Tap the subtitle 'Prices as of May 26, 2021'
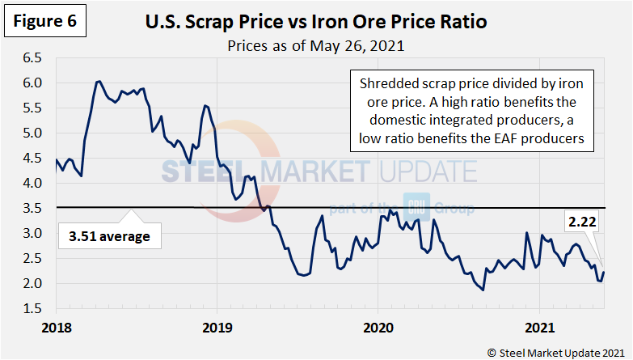tap(315, 46)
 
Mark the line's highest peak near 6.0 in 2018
tap(98, 81)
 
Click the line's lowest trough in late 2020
tap(483, 290)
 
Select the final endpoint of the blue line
tap(604, 273)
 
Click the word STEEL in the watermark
tap(199, 172)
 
